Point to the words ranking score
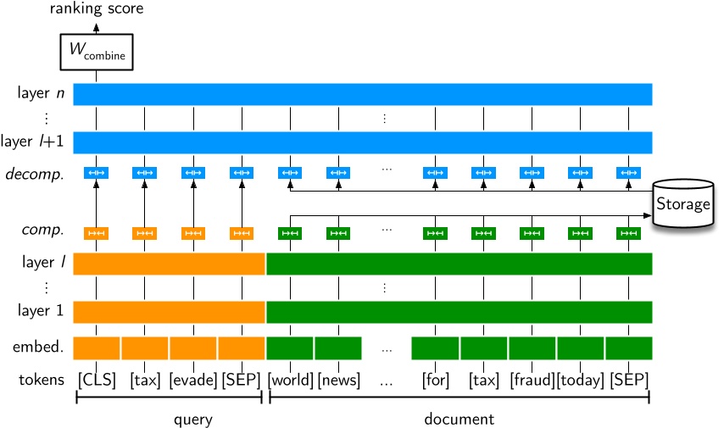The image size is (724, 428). (x=96, y=9)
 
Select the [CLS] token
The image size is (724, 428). (x=96, y=380)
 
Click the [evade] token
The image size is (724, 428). (x=193, y=380)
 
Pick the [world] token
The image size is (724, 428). (x=291, y=380)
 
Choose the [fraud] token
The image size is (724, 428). (x=532, y=380)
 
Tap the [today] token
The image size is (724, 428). (x=580, y=380)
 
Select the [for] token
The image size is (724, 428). (x=435, y=380)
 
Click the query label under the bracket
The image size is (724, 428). (x=169, y=419)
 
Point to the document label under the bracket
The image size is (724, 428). (x=459, y=419)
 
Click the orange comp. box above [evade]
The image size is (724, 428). (x=193, y=233)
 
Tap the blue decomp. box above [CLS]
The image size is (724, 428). (x=96, y=174)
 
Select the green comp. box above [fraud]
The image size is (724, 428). (x=532, y=233)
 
